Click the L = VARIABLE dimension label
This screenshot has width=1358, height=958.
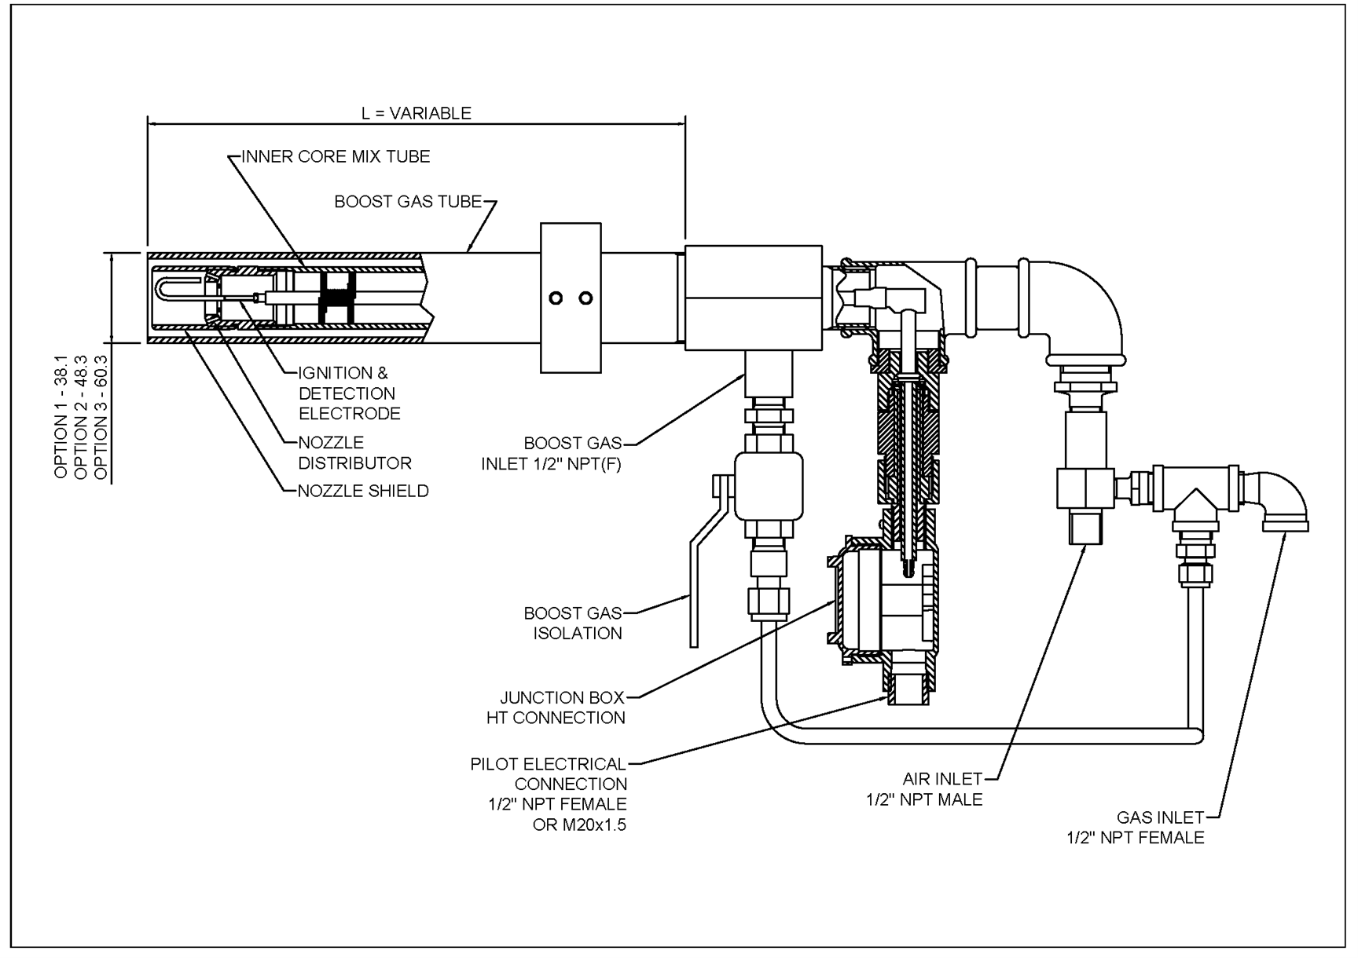click(x=416, y=113)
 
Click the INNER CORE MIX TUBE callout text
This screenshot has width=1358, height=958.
click(x=336, y=156)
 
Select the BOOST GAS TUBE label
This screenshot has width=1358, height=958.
click(x=408, y=202)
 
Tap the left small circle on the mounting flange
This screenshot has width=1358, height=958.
click(x=556, y=298)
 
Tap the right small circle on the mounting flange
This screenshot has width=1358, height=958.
click(x=585, y=298)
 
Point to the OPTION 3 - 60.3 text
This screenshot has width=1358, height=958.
click(x=101, y=416)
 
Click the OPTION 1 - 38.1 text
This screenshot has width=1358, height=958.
click(x=61, y=416)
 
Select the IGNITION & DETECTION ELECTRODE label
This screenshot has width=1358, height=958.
click(x=349, y=393)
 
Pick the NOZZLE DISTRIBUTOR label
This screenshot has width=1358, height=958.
click(x=354, y=453)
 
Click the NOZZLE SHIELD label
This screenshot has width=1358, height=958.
click(x=363, y=492)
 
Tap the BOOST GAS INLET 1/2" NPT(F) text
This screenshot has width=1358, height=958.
click(x=552, y=454)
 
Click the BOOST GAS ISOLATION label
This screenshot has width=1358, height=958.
click(x=574, y=623)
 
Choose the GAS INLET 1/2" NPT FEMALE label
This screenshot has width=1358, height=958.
click(x=1136, y=828)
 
